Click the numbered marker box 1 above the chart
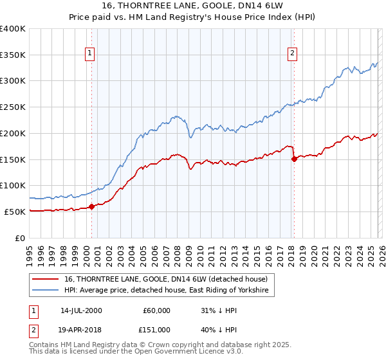89,53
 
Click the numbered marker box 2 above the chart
292,53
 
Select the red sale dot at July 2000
91,206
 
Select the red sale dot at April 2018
294,159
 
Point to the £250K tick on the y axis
14,107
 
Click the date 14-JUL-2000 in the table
81,310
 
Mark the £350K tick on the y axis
14,55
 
